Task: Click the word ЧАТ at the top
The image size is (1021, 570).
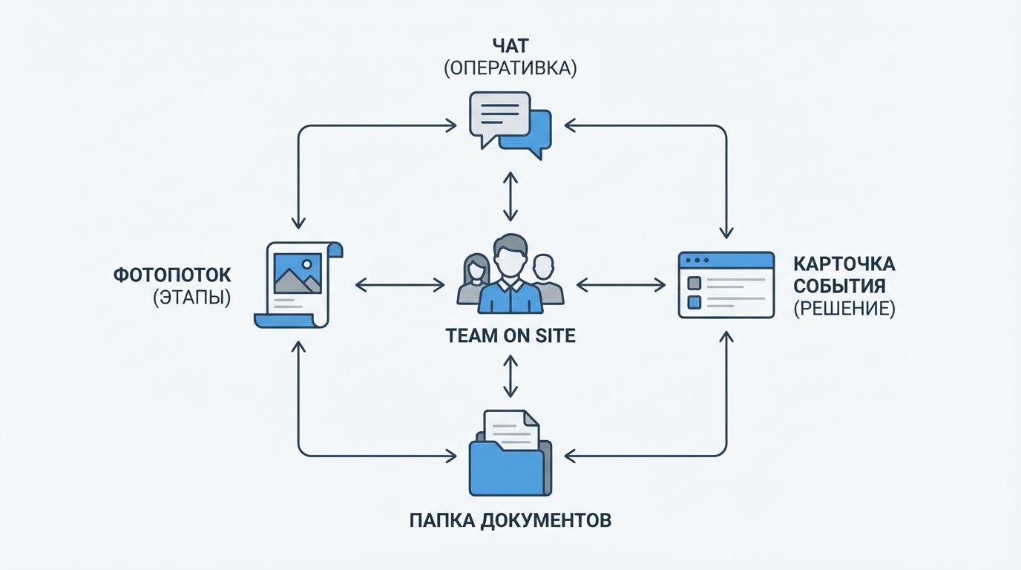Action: click(x=510, y=44)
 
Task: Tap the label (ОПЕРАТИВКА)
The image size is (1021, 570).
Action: click(x=510, y=68)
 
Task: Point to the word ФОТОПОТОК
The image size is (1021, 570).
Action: click(x=172, y=275)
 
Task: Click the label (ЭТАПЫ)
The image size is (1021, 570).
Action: click(x=191, y=299)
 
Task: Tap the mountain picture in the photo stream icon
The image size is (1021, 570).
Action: click(x=297, y=272)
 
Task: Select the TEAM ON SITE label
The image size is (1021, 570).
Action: click(x=510, y=336)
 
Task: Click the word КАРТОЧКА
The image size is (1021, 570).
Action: click(x=844, y=264)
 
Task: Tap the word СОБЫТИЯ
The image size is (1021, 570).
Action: click(x=839, y=286)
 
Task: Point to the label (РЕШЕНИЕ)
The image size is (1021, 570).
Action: click(x=844, y=309)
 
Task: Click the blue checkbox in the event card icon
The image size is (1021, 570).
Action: click(x=695, y=302)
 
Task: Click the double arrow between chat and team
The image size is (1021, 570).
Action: click(x=510, y=196)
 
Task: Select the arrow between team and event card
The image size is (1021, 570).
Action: click(x=621, y=284)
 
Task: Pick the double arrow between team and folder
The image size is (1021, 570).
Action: click(x=510, y=376)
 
